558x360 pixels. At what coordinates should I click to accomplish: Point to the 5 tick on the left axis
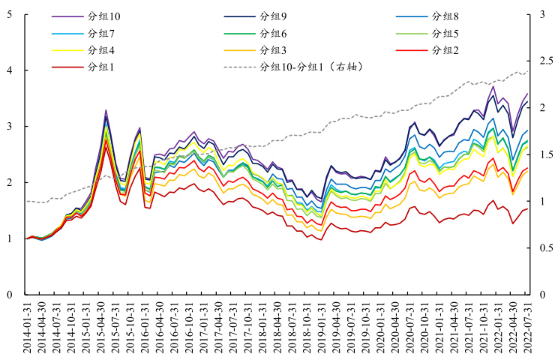8,14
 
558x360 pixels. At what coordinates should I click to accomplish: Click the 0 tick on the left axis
8,295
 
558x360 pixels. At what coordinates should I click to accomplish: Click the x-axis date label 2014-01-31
27,328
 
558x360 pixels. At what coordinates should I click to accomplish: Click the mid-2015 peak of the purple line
106,110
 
